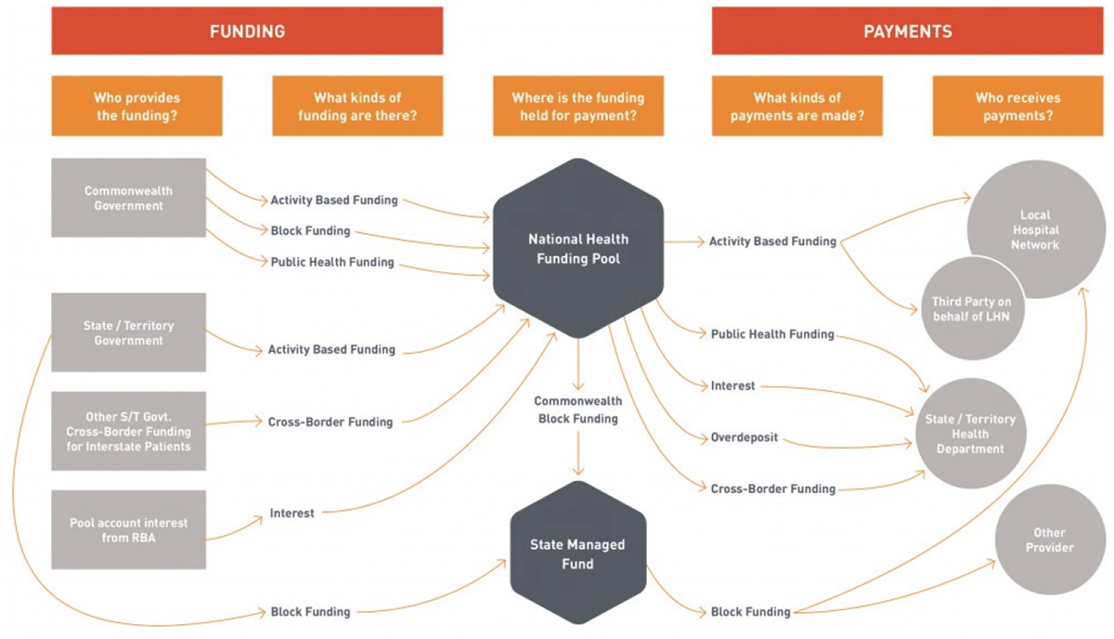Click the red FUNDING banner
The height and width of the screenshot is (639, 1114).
(x=247, y=32)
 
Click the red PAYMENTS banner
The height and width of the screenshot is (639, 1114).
(x=907, y=32)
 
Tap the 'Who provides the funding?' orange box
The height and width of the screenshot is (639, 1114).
(x=136, y=106)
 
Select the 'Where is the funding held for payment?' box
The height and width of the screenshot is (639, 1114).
(x=577, y=106)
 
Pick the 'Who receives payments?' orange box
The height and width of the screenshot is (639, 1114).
(x=1017, y=106)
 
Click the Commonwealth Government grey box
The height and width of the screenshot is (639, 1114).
(x=128, y=198)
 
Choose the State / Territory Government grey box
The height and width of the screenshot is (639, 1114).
(x=128, y=333)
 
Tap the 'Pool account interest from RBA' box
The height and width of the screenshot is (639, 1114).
(x=128, y=529)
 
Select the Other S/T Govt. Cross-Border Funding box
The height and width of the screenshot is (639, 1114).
(x=128, y=431)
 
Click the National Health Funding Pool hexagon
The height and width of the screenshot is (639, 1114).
(x=577, y=248)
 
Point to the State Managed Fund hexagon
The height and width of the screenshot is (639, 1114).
(x=577, y=552)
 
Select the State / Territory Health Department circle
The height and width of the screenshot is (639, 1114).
(x=970, y=434)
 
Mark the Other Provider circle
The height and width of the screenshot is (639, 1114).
(x=1049, y=540)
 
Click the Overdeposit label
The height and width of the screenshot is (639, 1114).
(x=744, y=437)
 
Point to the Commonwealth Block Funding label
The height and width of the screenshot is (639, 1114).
(x=577, y=410)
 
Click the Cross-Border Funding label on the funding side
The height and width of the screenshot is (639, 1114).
(x=330, y=422)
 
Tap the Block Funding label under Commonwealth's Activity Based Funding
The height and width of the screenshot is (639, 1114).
(x=310, y=230)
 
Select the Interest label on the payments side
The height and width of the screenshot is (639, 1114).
(x=732, y=385)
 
